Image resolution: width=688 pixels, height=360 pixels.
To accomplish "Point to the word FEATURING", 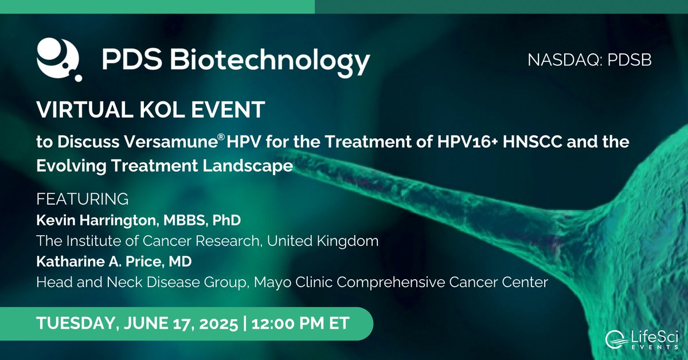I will (82, 199).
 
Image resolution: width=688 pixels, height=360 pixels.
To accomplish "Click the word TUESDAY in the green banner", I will (73, 323).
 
